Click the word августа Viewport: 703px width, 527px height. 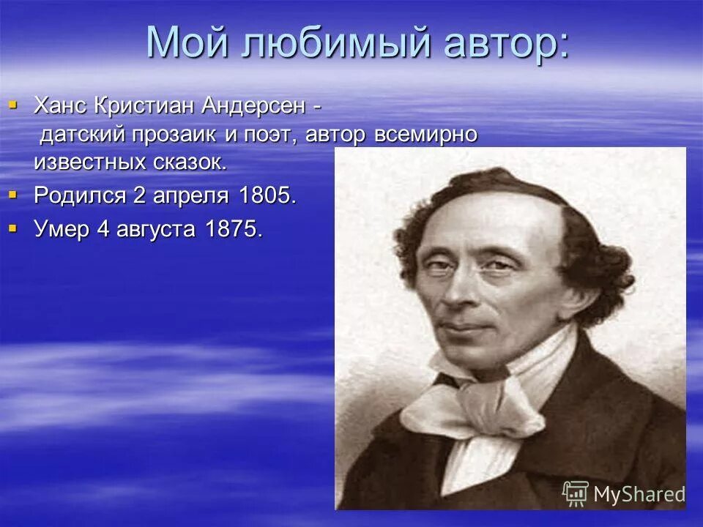coord(151,228)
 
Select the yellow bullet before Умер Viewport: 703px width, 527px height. coord(12,228)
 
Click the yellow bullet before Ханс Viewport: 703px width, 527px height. coord(12,105)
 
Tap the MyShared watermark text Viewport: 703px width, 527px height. coord(639,494)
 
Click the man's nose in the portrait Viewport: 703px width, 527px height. coord(464,291)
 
